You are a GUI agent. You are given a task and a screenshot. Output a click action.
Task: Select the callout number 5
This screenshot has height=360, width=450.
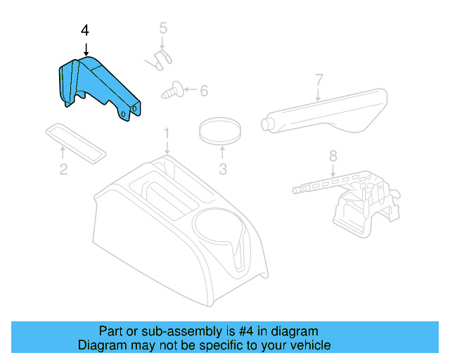click(x=162, y=29)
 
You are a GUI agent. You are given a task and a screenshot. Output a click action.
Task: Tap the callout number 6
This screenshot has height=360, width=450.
click(x=204, y=91)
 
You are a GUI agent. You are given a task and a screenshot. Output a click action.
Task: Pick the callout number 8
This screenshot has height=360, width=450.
click(x=333, y=155)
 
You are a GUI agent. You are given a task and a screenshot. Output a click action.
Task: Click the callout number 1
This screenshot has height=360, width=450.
click(x=167, y=132)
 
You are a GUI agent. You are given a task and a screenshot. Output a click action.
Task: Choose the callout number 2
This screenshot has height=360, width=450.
click(x=63, y=169)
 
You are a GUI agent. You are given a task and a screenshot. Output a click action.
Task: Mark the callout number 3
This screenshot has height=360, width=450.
click(x=222, y=169)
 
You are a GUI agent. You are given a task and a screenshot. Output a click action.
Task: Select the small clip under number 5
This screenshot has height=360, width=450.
click(x=160, y=59)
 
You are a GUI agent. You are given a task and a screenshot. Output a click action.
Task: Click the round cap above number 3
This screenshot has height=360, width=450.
click(x=221, y=129)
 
